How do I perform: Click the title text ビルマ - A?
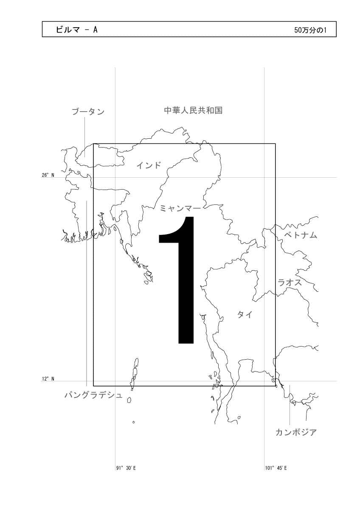pyautogui.click(x=77, y=30)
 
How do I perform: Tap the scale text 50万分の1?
pyautogui.click(x=310, y=30)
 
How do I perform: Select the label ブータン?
pyautogui.click(x=88, y=112)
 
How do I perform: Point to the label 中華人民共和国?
pyautogui.click(x=193, y=110)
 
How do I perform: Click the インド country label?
pyautogui.click(x=149, y=165)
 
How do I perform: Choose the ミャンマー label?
pyautogui.click(x=180, y=208)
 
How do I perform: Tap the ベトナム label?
pyautogui.click(x=301, y=235)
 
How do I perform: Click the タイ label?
pyautogui.click(x=245, y=315)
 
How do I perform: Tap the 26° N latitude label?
pyautogui.click(x=48, y=175)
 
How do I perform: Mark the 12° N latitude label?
pyautogui.click(x=48, y=378)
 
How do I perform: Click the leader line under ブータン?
pyautogui.click(x=85, y=137)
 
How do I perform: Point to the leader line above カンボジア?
pyautogui.click(x=290, y=405)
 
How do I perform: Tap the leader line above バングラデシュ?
pyautogui.click(x=87, y=294)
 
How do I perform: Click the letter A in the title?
pyautogui.click(x=95, y=30)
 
